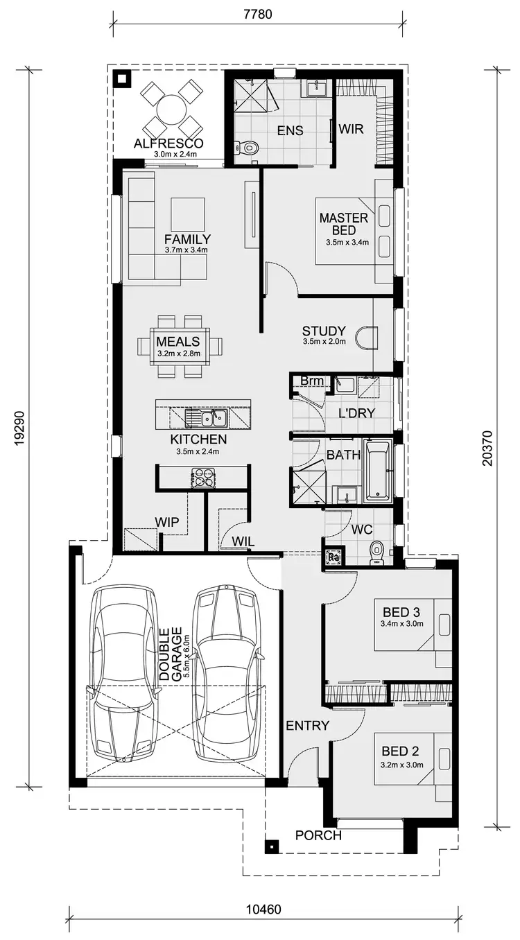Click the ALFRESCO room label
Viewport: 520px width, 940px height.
click(168, 143)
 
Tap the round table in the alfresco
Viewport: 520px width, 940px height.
click(168, 109)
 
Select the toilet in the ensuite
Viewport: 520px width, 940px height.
click(248, 147)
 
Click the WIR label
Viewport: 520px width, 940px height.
click(352, 128)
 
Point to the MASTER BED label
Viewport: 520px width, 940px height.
click(343, 224)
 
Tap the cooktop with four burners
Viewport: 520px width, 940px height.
click(202, 478)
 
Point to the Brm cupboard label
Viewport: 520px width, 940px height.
click(309, 381)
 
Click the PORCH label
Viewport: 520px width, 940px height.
click(318, 835)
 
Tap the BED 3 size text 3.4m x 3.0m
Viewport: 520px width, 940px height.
click(402, 625)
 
